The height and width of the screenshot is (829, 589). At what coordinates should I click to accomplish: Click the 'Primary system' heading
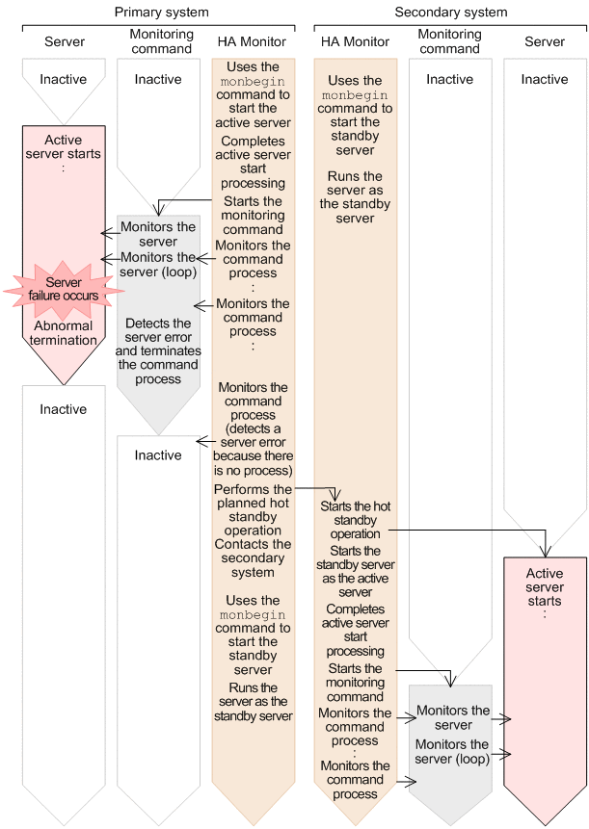click(x=161, y=13)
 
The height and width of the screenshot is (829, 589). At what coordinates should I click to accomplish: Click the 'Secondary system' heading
click(x=451, y=13)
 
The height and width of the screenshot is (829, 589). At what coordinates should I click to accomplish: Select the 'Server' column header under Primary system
click(x=65, y=42)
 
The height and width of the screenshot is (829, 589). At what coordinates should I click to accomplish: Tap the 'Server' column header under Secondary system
click(x=546, y=42)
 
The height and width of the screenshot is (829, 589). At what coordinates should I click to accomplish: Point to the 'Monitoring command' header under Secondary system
click(x=449, y=41)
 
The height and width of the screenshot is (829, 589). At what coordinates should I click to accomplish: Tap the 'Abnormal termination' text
click(x=63, y=332)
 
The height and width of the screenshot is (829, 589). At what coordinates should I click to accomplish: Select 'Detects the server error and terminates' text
click(x=158, y=344)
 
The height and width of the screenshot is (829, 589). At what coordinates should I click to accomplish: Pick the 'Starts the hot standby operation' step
click(x=355, y=519)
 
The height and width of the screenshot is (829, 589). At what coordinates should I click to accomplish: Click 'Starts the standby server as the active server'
click(x=355, y=572)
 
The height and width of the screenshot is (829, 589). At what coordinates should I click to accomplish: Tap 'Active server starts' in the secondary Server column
click(x=545, y=587)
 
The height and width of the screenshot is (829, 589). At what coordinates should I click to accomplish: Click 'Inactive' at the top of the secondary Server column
click(x=545, y=80)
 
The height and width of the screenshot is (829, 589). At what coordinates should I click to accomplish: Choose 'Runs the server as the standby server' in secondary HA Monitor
click(x=355, y=197)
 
